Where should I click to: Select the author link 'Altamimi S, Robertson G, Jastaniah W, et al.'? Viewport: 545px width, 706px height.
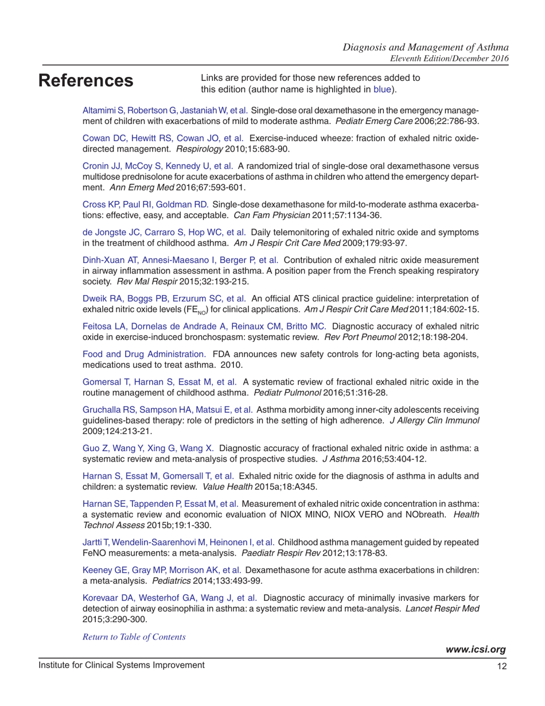pyautogui.click(x=166, y=110)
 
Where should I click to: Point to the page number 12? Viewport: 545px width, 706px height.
pyautogui.click(x=501, y=665)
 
